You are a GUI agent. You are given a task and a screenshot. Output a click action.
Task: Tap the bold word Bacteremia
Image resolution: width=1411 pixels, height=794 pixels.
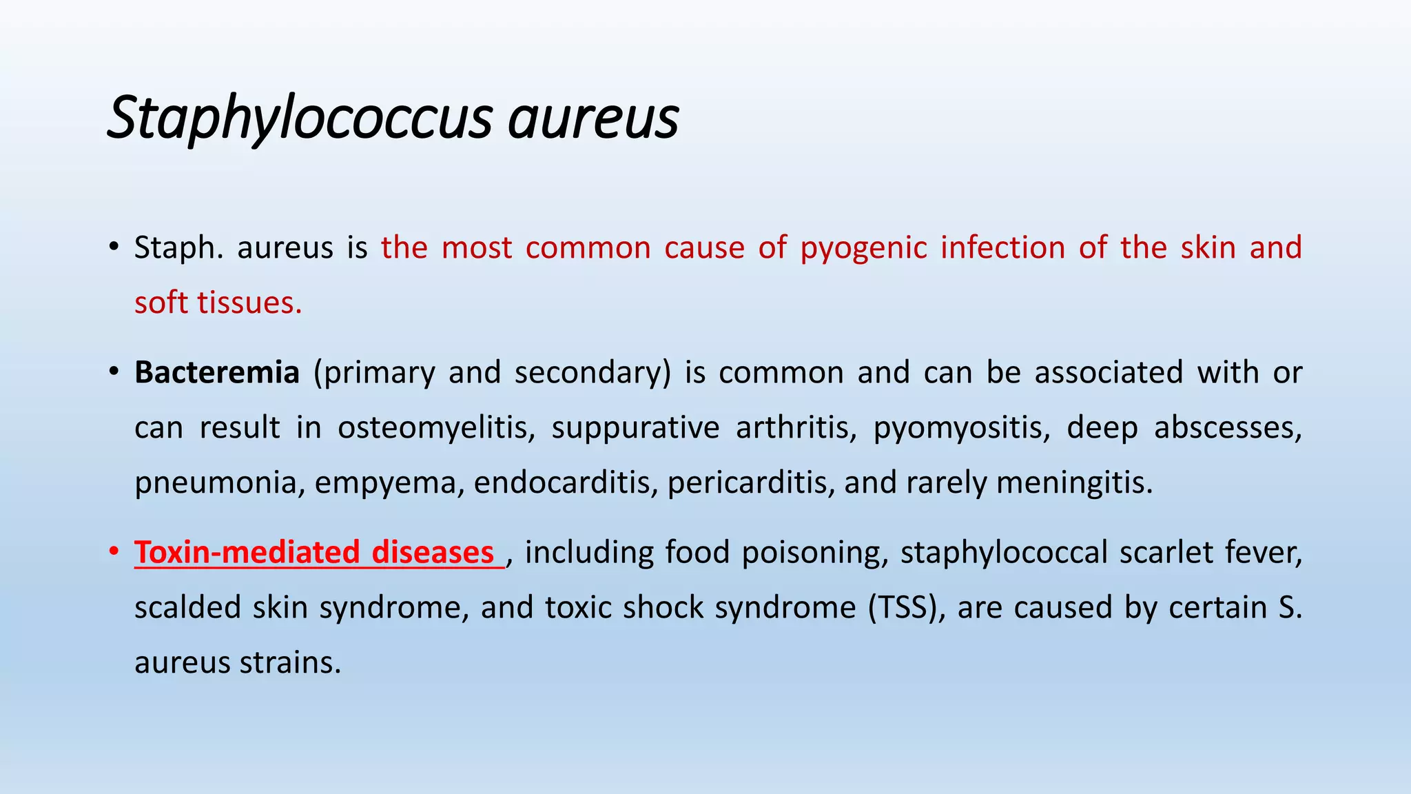[217, 373]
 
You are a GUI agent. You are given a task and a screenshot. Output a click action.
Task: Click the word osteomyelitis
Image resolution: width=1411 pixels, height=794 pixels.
[436, 428]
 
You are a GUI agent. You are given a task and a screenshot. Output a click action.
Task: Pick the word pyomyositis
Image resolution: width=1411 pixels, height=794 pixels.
[962, 428]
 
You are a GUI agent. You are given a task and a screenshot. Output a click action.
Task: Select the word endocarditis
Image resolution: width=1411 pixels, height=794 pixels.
[566, 482]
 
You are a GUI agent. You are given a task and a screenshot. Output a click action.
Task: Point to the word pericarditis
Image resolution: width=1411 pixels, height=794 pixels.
[751, 482]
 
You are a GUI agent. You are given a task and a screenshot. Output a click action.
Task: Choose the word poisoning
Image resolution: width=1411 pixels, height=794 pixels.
[815, 553]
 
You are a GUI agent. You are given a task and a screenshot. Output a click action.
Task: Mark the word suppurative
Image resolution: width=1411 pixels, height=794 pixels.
[635, 428]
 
